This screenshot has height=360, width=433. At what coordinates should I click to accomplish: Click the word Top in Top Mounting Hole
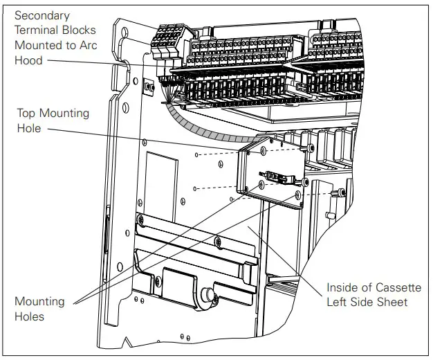[x=26, y=113]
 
